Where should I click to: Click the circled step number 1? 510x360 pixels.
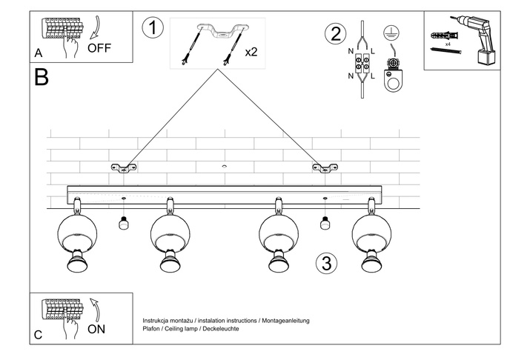tap(152, 29)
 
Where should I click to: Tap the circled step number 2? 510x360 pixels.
tap(336, 34)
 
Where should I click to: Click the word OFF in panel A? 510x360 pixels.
tap(99, 49)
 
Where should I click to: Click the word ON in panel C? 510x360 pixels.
tap(97, 329)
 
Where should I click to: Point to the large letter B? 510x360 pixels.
tap(42, 77)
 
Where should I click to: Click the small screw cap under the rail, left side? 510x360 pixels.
tap(124, 221)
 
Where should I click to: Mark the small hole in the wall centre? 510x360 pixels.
tap(224, 167)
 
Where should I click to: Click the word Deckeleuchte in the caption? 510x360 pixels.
tap(221, 328)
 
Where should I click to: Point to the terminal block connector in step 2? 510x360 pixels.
tap(365, 63)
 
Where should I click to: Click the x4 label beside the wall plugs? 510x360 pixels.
tap(448, 44)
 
